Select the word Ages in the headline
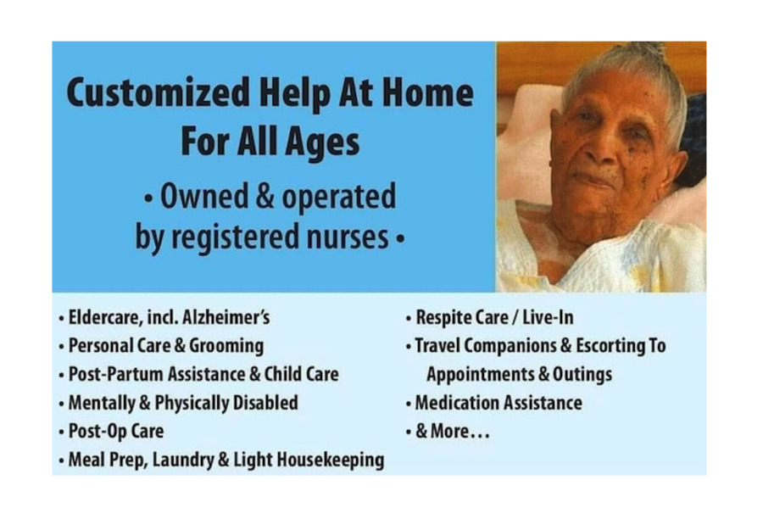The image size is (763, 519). [325, 142]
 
